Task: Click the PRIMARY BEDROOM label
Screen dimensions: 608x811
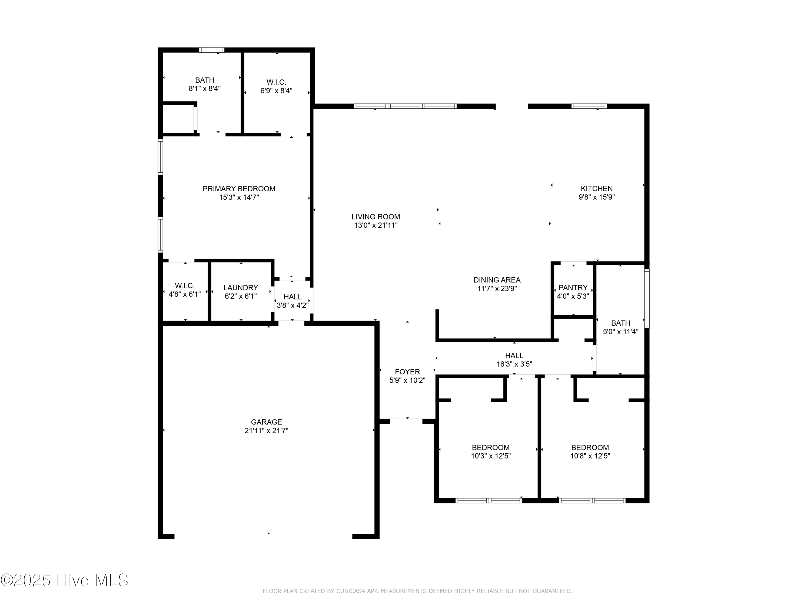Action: (x=239, y=189)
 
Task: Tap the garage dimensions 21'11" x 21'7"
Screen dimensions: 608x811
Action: (x=266, y=431)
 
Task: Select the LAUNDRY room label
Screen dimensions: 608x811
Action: (x=241, y=288)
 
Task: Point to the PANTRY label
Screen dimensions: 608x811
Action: (x=573, y=288)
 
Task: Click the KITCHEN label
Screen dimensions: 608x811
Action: (x=597, y=189)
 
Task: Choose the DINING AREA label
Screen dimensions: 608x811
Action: (x=497, y=280)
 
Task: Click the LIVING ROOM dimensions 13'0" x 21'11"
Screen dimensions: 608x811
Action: (x=376, y=225)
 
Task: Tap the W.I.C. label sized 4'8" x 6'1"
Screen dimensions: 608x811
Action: (x=184, y=286)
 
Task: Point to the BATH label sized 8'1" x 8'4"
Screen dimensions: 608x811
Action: (x=205, y=80)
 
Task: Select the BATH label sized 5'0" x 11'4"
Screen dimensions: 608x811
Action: (x=620, y=323)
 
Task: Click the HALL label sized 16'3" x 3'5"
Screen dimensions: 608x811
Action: (x=514, y=356)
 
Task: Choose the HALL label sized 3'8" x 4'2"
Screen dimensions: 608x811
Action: (x=292, y=297)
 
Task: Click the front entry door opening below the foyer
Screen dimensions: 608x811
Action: (x=406, y=422)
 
